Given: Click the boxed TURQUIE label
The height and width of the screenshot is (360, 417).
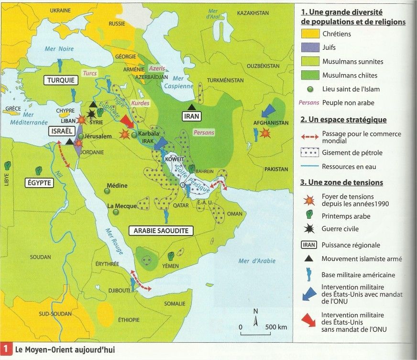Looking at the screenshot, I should [x=61, y=80].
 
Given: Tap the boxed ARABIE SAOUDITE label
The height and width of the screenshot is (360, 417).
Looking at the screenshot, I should [x=161, y=231].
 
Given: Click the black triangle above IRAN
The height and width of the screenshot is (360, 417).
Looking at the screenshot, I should [x=191, y=107].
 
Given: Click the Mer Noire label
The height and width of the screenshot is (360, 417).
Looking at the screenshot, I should [x=56, y=48].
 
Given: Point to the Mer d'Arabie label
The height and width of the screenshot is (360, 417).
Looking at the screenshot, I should [x=256, y=261].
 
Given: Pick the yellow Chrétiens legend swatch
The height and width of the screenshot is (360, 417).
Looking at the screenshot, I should [x=309, y=34].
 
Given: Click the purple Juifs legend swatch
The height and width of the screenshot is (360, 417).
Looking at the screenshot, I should [x=309, y=48].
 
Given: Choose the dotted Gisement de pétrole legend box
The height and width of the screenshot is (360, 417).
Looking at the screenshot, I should [x=309, y=153].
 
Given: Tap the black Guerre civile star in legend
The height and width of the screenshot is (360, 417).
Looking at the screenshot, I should [x=309, y=229].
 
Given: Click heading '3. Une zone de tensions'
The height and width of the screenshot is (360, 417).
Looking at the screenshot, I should [x=341, y=182].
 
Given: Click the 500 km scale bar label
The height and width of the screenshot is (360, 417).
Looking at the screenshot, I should [x=276, y=327].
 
